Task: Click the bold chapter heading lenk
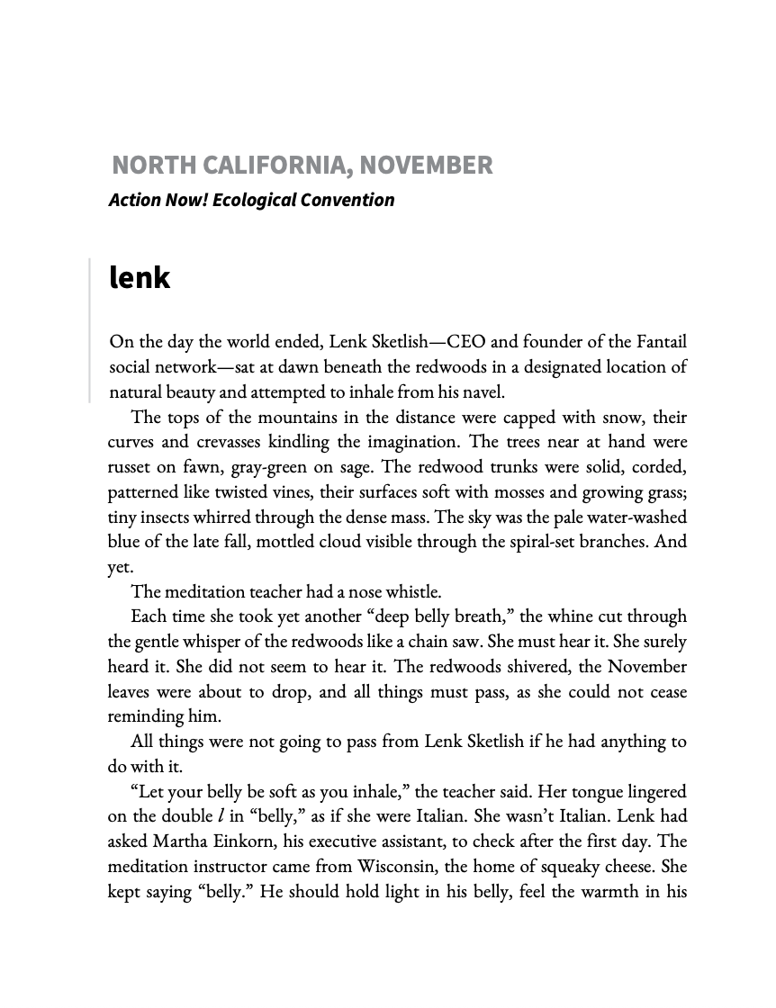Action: (139, 277)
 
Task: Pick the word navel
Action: (483, 392)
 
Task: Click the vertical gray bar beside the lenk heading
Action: (90, 329)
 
